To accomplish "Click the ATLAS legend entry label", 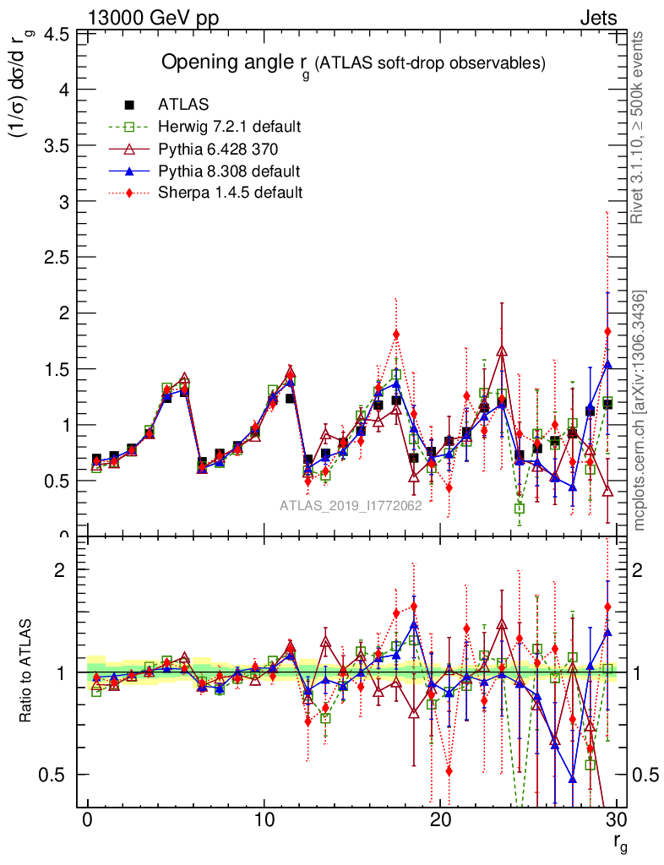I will coord(183,105).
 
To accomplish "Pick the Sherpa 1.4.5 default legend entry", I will coord(230,192).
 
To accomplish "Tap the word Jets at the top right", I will coord(598,18).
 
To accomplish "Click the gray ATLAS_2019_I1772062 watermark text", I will coord(351,506).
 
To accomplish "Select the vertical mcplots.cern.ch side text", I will coord(640,410).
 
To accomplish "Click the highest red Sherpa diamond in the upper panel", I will coord(607,331).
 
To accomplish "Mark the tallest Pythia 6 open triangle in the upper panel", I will coord(502,351).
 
